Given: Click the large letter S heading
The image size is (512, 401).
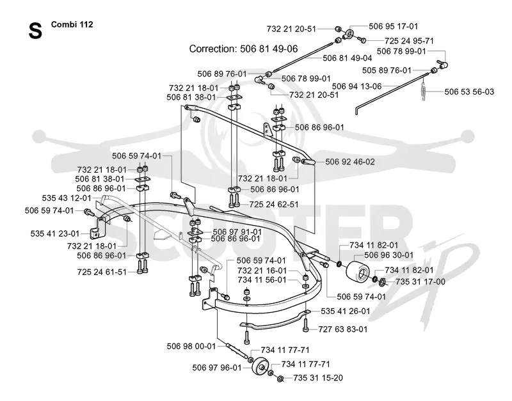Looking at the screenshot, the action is coord(35,31).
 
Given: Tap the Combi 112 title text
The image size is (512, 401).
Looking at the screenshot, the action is coord(72,24).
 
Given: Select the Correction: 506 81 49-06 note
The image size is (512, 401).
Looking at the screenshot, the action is coord(244,49).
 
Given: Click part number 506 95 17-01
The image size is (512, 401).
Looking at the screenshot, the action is coord(393,26).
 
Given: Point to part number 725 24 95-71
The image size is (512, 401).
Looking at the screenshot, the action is coord(409,41).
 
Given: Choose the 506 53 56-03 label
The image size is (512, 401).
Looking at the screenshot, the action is coord(469,91).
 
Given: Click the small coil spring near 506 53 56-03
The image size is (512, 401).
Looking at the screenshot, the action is coord(424,91).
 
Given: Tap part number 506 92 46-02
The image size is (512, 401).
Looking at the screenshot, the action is coord(350,162).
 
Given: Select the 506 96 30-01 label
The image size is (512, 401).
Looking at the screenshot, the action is coord(389,255).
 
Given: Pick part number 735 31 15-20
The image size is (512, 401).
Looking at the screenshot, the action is coord(318,378).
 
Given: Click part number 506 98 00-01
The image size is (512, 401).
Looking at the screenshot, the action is coord(191,346).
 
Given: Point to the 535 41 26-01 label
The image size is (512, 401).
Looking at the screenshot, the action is coord(346,311).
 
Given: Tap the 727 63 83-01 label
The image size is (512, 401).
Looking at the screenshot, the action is coord(343,329).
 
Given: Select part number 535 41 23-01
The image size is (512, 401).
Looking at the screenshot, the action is coord(55,233).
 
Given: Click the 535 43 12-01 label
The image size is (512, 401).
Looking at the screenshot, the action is coord(67,198).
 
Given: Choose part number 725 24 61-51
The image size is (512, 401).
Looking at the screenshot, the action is coord(102,272).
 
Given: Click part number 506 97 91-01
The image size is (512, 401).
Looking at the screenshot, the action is coord(237,232).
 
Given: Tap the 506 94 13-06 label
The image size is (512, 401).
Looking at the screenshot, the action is coord(357,86).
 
